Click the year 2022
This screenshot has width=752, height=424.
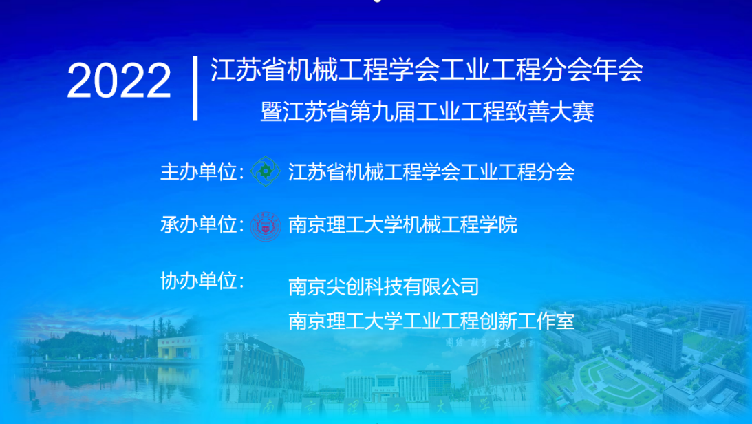point(119,81)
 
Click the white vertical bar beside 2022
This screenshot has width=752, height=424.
point(195,88)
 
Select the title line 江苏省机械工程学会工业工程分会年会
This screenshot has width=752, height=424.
point(427,70)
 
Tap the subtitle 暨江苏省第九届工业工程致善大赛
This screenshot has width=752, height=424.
point(427,112)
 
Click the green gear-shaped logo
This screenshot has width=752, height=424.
point(265,171)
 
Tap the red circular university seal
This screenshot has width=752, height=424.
point(266,226)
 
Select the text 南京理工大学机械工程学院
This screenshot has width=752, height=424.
point(403,224)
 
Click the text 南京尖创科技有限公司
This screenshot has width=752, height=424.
point(384,287)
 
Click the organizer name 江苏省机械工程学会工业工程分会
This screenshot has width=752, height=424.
point(431,171)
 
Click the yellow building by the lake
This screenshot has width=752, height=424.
point(178,348)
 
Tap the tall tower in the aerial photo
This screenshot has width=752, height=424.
point(656,343)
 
